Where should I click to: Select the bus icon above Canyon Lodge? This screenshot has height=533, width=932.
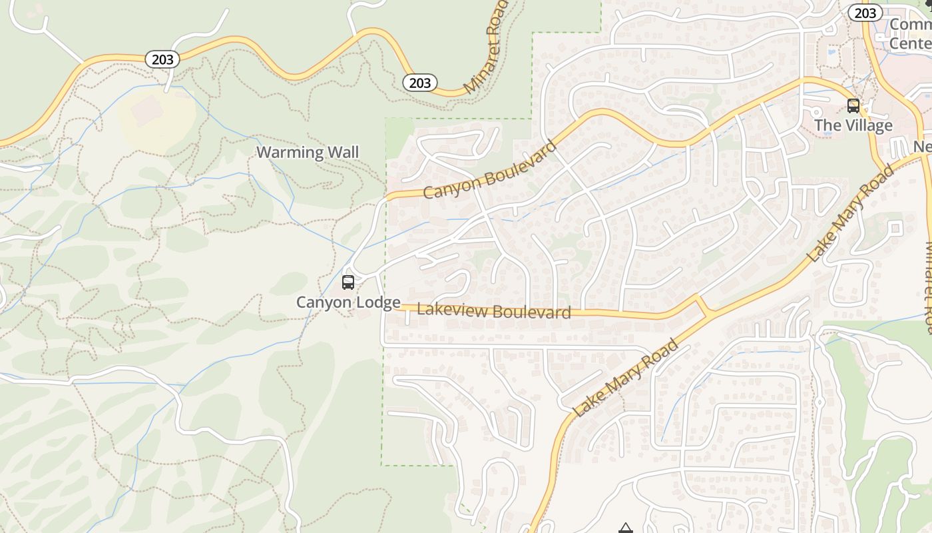click(348, 282)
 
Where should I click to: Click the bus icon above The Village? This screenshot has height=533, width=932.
click(853, 105)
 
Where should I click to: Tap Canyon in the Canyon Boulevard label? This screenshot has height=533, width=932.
click(451, 187)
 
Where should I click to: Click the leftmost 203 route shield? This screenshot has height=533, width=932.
click(162, 59)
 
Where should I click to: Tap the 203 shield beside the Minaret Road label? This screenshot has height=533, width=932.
click(419, 83)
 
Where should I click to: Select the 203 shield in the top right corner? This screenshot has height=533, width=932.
click(865, 13)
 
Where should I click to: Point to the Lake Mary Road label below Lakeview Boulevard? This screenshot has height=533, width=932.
click(626, 378)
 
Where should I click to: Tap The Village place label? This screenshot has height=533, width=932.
click(853, 125)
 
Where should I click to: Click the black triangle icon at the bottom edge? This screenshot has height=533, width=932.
click(625, 528)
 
